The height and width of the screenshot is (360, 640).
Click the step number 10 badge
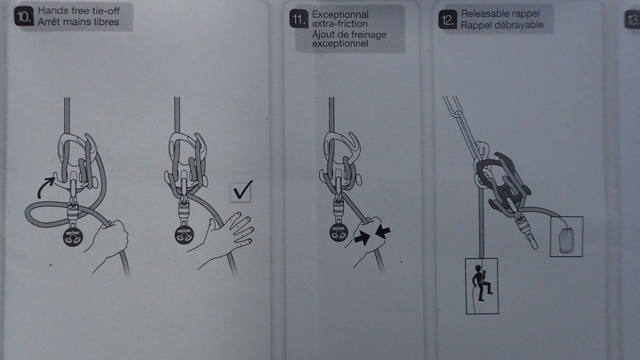coord(23,17)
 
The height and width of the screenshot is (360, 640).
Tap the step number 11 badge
coord(298,19)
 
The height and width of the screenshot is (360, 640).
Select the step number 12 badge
coord(447,20)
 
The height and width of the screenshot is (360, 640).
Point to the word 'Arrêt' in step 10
coord(49,22)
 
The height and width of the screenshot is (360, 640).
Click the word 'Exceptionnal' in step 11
coord(340,15)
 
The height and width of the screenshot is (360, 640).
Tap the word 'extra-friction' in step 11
coord(339,24)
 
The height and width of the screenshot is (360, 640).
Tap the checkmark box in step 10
coord(241,191)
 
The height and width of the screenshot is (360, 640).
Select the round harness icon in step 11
coord(339,232)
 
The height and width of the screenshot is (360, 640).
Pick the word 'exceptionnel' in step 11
coord(340,43)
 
